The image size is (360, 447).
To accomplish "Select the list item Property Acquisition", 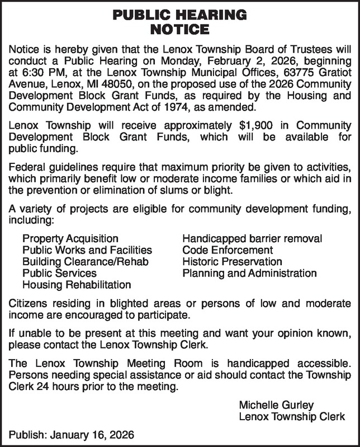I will [70, 239].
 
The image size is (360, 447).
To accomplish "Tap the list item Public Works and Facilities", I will [87, 250].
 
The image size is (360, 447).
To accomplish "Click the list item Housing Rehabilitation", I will [77, 285].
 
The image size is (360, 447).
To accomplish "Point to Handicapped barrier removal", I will [252, 239].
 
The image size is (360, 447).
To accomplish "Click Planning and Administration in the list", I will [249, 274].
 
